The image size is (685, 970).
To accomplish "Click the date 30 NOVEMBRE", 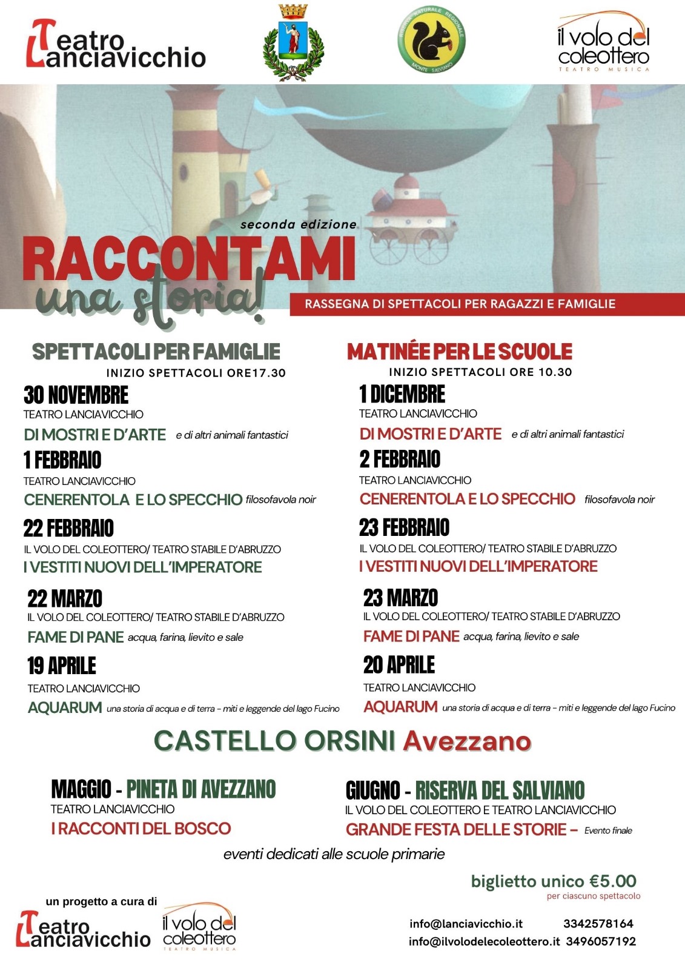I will click(76, 395).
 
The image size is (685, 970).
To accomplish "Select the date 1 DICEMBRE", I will click(402, 394).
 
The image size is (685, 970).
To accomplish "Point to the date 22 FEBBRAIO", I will click(68, 528).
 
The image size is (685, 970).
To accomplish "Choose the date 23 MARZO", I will click(400, 598).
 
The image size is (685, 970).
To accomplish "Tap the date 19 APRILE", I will click(62, 666).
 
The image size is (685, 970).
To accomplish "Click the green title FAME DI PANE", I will click(76, 637).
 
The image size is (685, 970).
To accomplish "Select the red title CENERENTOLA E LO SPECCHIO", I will click(467, 499).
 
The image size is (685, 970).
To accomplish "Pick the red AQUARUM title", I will click(400, 707).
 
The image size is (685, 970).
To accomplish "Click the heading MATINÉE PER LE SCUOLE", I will click(459, 352).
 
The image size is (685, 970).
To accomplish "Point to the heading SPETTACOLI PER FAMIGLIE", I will click(156, 352).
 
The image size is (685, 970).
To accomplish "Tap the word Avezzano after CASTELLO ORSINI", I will click(467, 741).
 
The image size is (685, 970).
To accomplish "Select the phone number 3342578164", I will click(598, 924).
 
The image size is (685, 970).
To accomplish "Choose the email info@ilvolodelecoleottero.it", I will click(484, 942).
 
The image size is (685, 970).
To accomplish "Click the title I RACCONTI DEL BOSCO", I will click(141, 828).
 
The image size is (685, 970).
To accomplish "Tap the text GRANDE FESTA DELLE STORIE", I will click(456, 829).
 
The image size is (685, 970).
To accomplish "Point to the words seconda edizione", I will click(299, 224).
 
